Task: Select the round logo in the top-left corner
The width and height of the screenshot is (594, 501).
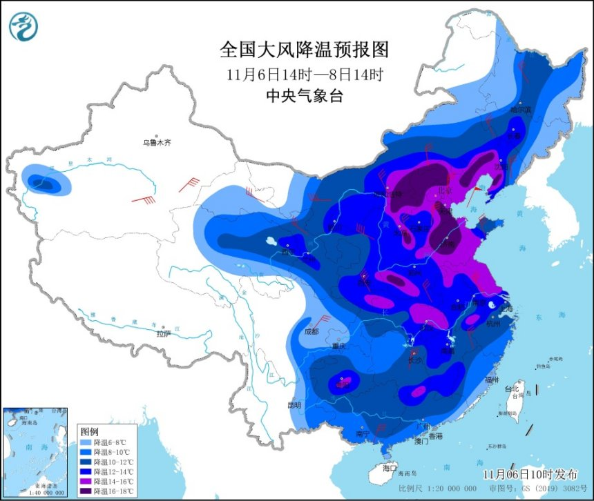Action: coord(23,26)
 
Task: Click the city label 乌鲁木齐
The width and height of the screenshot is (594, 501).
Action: coord(157,143)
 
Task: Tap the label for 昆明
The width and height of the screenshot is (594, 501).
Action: coord(295,404)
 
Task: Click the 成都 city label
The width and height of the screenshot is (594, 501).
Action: coord(310,331)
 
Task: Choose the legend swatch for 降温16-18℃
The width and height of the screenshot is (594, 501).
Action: coord(84,491)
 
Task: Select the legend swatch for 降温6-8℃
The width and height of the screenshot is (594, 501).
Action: coord(84,442)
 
